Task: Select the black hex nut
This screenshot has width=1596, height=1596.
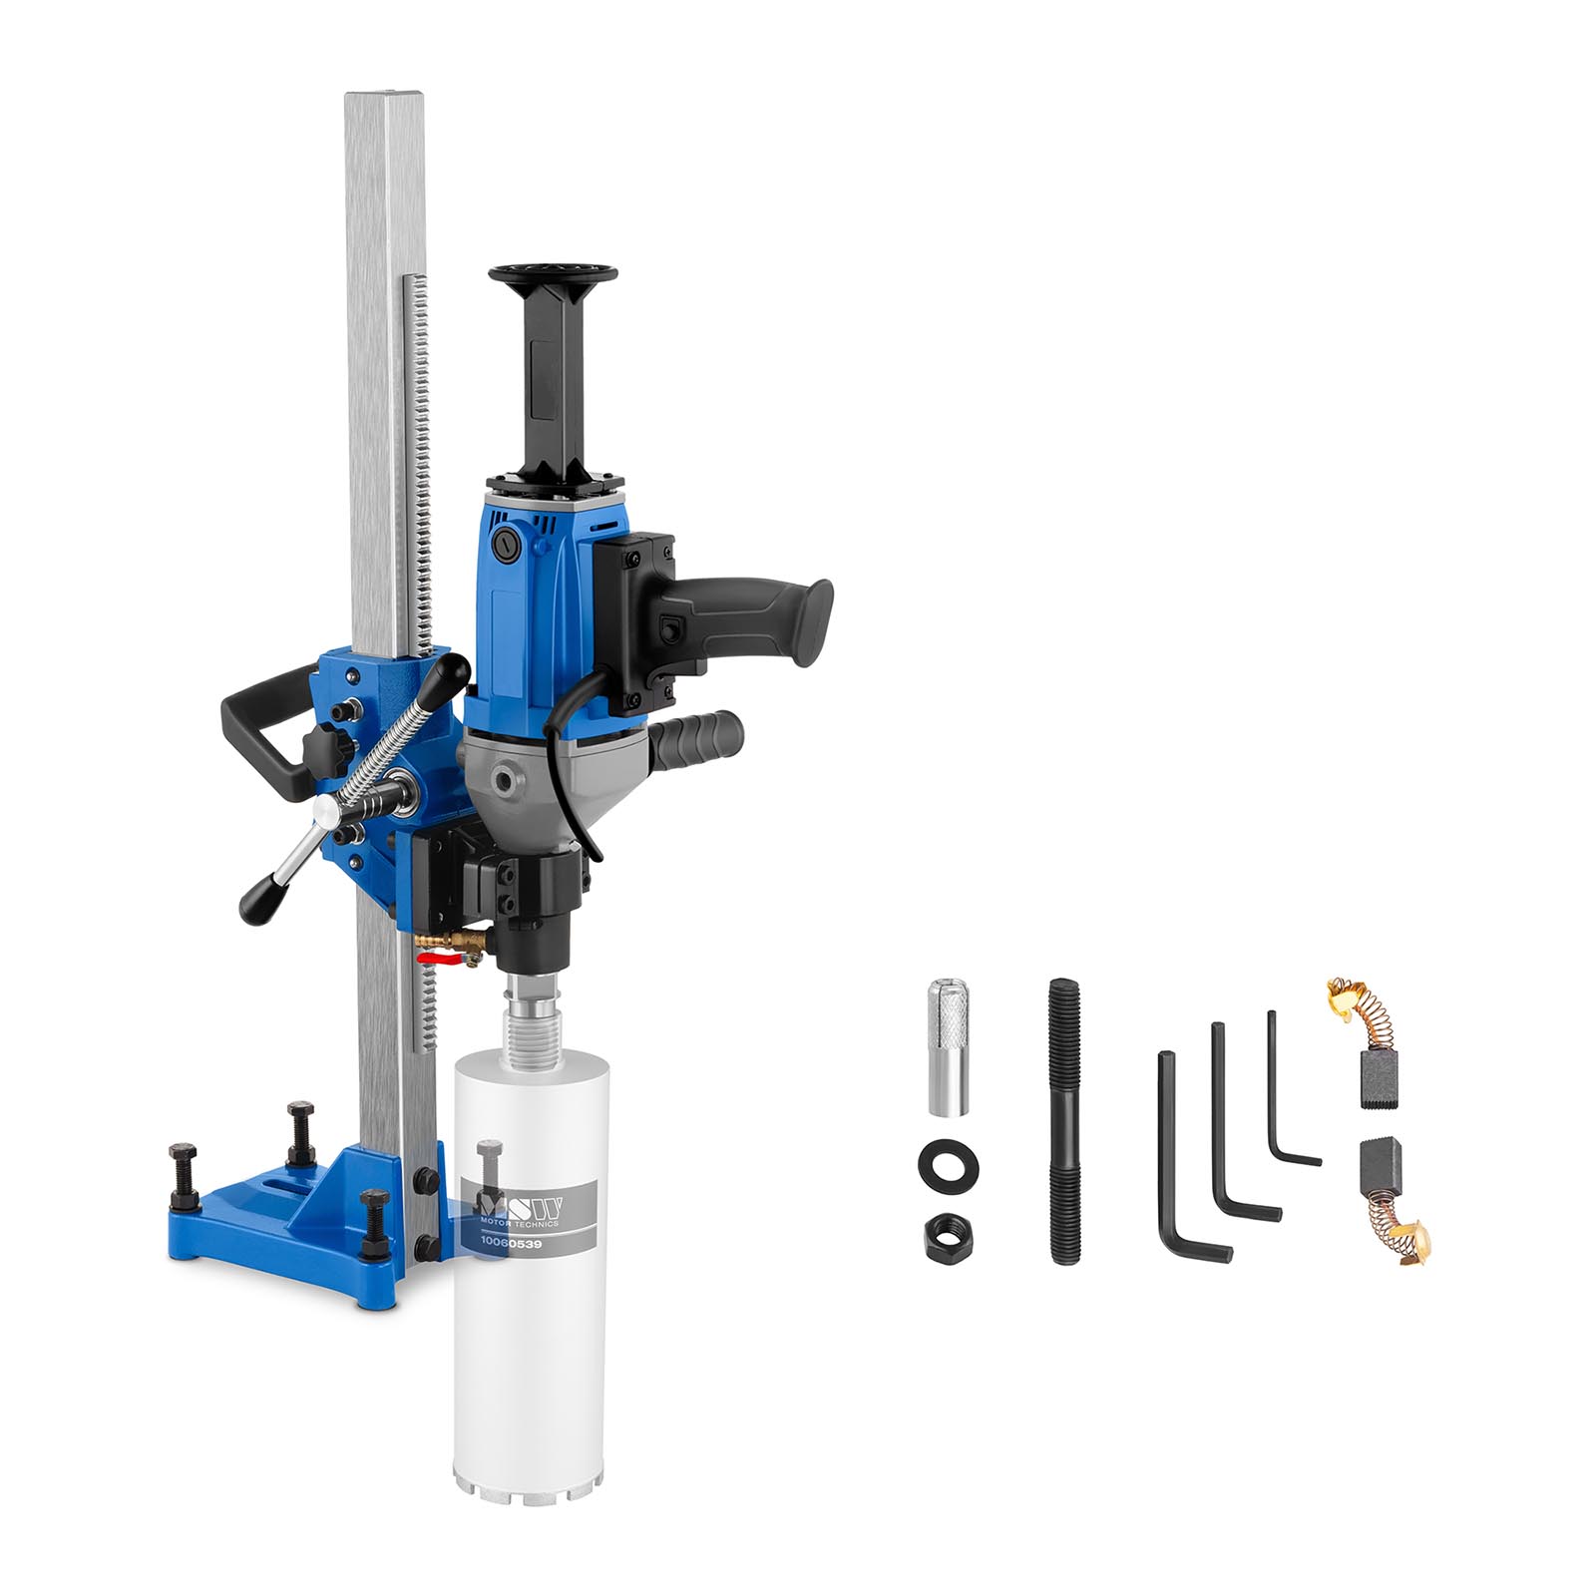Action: click(x=947, y=1233)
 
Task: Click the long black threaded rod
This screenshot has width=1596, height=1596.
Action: click(x=1064, y=1122)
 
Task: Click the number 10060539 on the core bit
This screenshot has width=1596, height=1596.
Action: click(x=509, y=1243)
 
